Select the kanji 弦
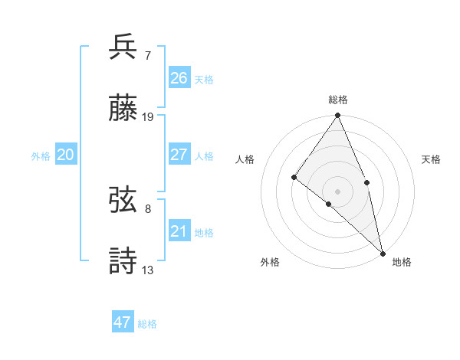(x=123, y=200)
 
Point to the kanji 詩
(x=123, y=260)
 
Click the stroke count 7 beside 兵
(x=147, y=55)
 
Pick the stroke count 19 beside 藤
(x=148, y=117)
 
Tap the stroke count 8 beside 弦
(x=147, y=208)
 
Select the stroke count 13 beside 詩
(x=148, y=270)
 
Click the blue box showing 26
(x=179, y=77)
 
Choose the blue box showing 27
(x=179, y=155)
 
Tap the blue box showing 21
(x=179, y=231)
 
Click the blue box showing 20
(x=66, y=155)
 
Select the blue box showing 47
(x=123, y=322)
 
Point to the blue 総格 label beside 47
(x=147, y=324)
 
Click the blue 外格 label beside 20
(x=41, y=155)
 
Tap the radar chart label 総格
(x=337, y=100)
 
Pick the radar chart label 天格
(x=431, y=159)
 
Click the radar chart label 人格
(x=245, y=159)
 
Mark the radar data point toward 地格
(x=383, y=252)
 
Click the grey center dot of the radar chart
(x=337, y=191)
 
